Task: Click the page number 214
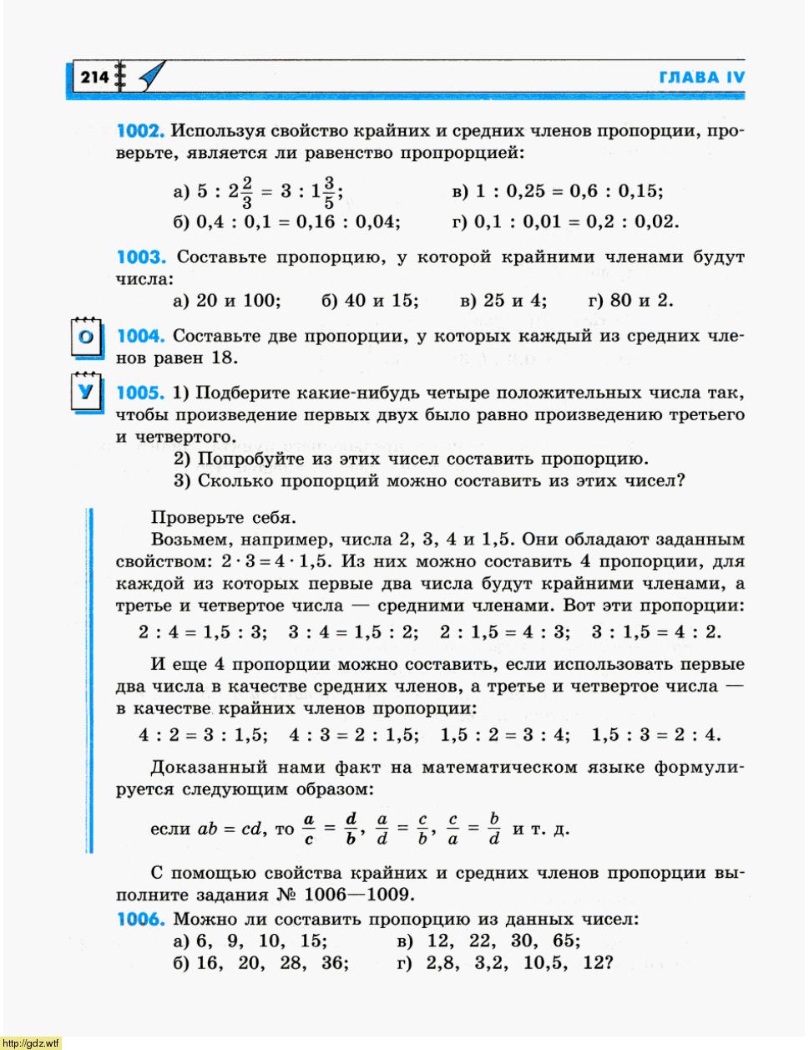point(94,78)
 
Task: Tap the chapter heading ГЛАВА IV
point(701,78)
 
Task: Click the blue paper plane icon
point(150,76)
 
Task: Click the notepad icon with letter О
point(86,337)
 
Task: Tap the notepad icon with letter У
point(86,392)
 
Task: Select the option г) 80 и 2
point(630,301)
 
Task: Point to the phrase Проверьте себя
point(223,518)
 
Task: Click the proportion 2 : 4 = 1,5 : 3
point(203,632)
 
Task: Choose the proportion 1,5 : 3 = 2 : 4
point(656,736)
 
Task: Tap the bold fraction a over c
point(309,829)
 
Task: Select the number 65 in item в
point(564,941)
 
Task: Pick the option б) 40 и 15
point(370,301)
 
